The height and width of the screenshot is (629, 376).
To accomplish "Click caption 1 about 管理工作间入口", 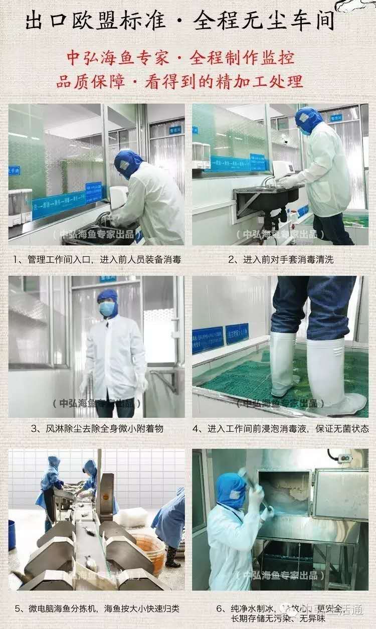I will [x=97, y=259].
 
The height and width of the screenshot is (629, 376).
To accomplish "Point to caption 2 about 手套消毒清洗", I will [x=280, y=259].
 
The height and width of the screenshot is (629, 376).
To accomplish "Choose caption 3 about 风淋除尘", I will [x=97, y=429].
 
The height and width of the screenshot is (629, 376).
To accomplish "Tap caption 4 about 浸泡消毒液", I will [x=281, y=429].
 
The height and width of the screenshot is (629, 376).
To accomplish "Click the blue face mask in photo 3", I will [x=107, y=309].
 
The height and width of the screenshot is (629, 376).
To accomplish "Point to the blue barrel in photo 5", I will [x=12, y=535].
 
